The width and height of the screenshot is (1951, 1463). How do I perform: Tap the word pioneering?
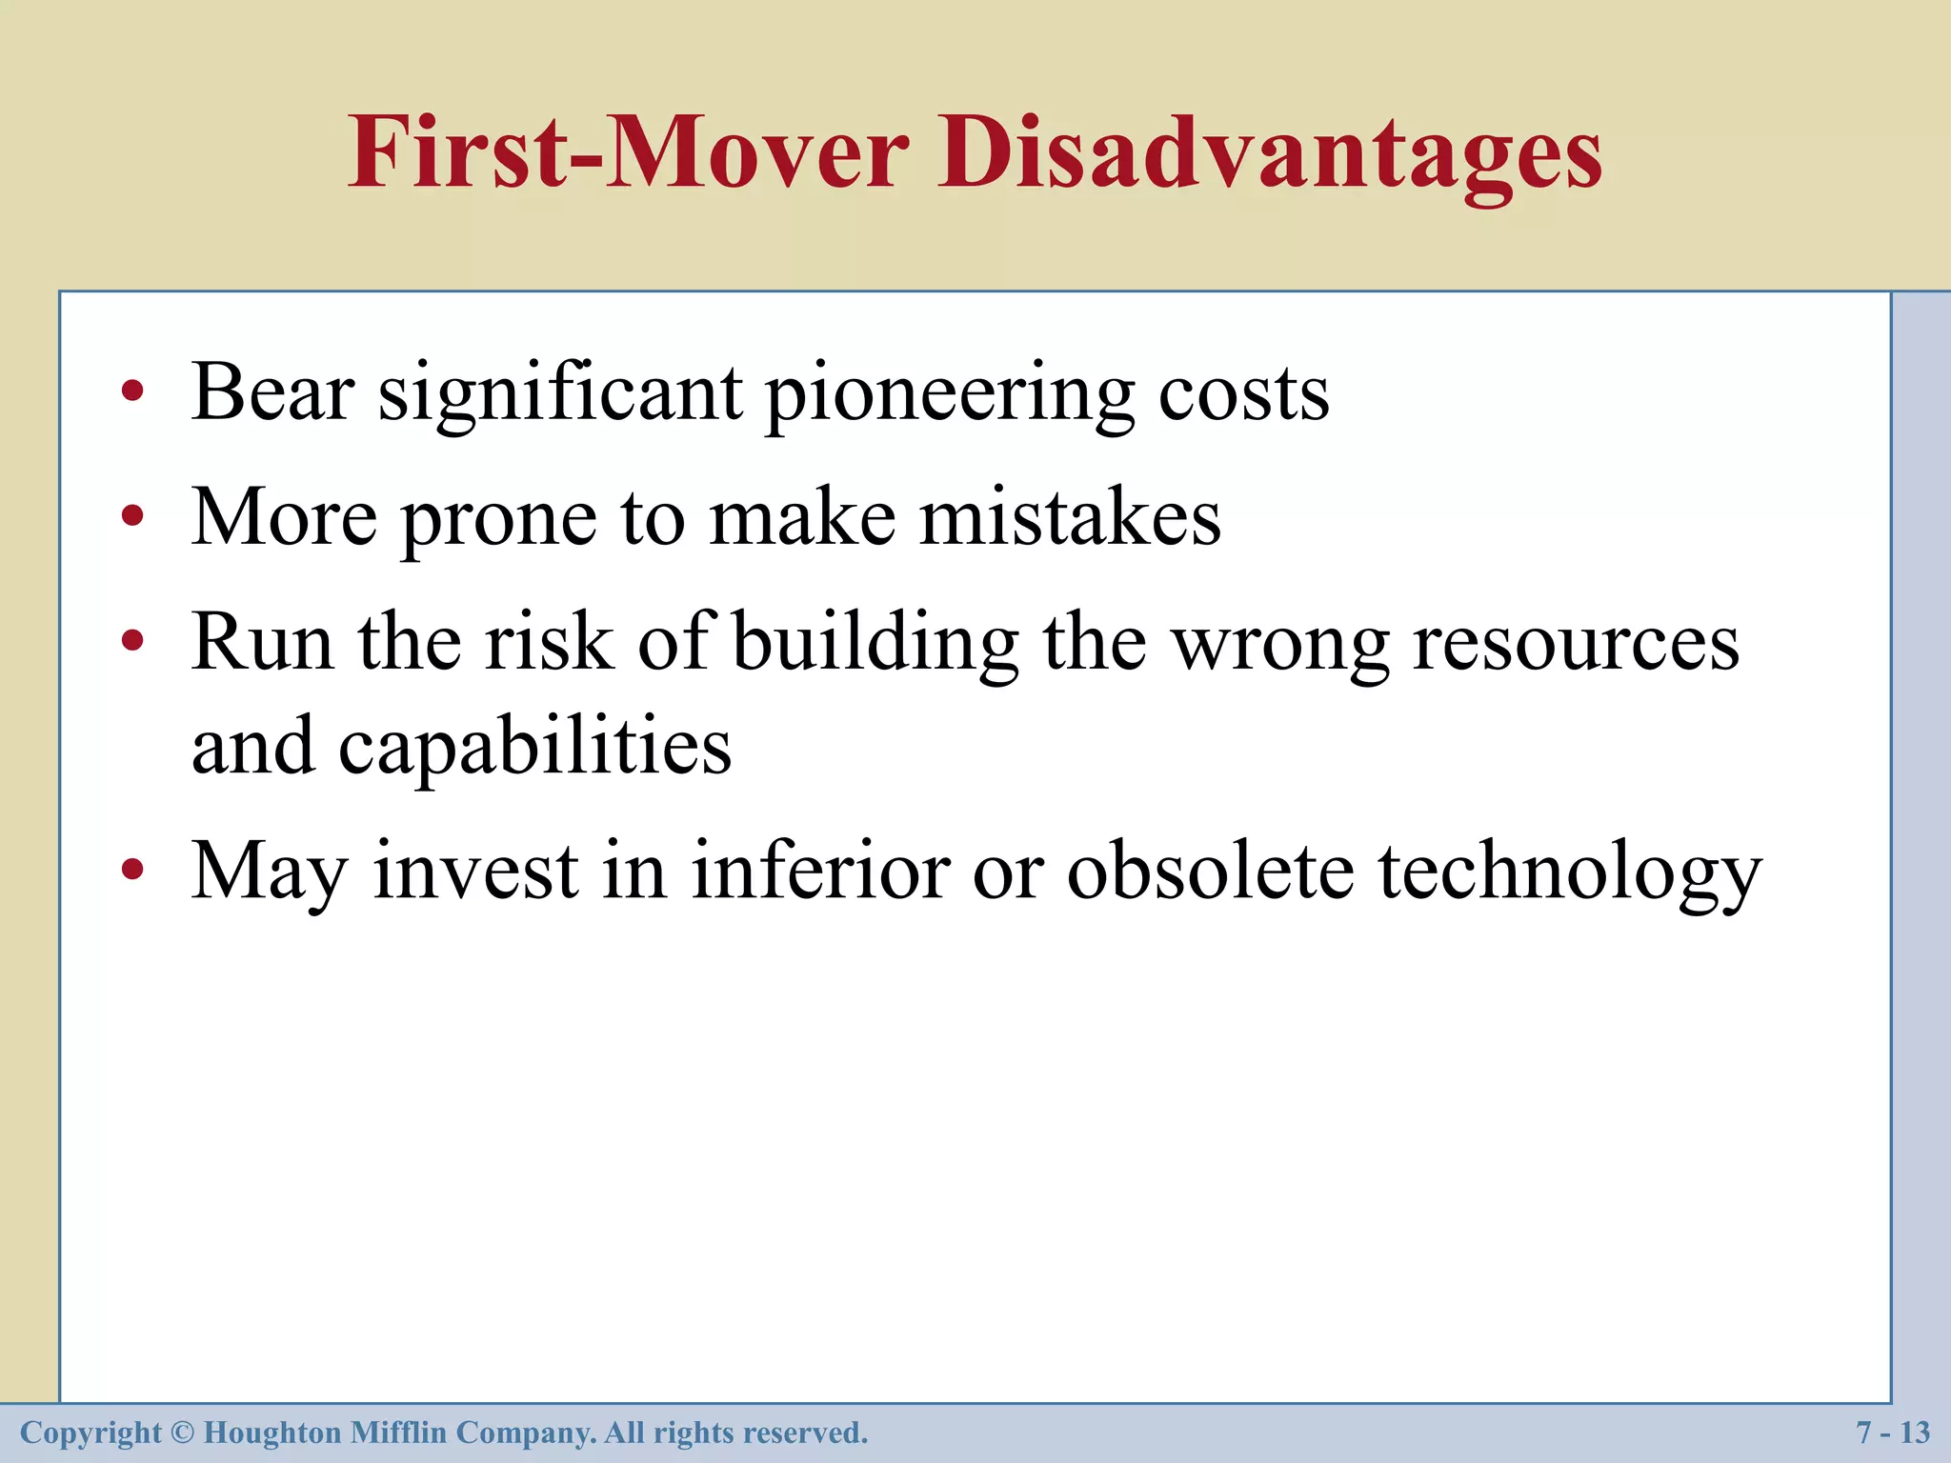[x=950, y=395]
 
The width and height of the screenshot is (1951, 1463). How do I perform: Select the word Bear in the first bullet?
[x=273, y=391]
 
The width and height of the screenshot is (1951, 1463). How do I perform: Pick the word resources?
[x=1576, y=645]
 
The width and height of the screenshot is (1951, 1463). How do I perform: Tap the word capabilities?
[x=534, y=748]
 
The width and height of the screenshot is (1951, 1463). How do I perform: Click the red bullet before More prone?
[x=132, y=516]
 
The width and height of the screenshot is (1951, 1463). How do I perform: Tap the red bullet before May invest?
[x=132, y=869]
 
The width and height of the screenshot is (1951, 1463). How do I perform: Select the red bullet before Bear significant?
[x=132, y=391]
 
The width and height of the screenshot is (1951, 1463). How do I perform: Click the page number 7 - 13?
[x=1892, y=1433]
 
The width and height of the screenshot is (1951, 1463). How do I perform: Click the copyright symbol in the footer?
[x=183, y=1433]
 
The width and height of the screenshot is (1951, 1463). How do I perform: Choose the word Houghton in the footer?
[x=272, y=1433]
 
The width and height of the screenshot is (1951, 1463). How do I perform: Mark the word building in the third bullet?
[x=875, y=645]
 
